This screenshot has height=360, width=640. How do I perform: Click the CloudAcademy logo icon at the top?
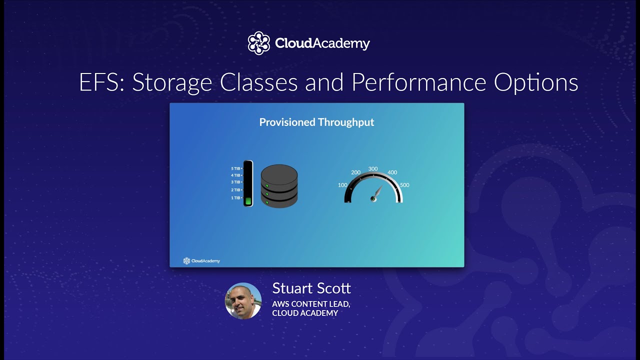click(x=258, y=43)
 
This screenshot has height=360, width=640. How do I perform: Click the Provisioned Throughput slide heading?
click(x=316, y=122)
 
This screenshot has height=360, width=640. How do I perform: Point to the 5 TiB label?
click(x=235, y=168)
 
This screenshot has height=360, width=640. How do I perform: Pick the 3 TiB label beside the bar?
click(x=235, y=182)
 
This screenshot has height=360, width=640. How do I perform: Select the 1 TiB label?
click(x=235, y=198)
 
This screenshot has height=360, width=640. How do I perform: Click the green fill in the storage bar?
click(x=248, y=200)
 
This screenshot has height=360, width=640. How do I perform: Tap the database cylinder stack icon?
click(x=279, y=186)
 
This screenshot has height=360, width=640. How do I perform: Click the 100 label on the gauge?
click(x=342, y=185)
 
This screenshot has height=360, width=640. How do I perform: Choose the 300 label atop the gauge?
click(x=373, y=168)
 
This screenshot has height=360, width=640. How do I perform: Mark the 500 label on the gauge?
click(x=404, y=185)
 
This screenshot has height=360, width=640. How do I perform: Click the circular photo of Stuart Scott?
click(x=243, y=301)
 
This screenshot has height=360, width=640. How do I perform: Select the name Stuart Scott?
click(x=311, y=288)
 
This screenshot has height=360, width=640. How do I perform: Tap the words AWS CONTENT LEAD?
click(x=311, y=303)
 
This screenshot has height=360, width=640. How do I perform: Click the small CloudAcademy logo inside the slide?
click(x=201, y=260)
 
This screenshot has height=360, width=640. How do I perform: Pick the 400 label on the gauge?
click(x=392, y=172)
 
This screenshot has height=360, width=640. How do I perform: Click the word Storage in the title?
click(x=172, y=82)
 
